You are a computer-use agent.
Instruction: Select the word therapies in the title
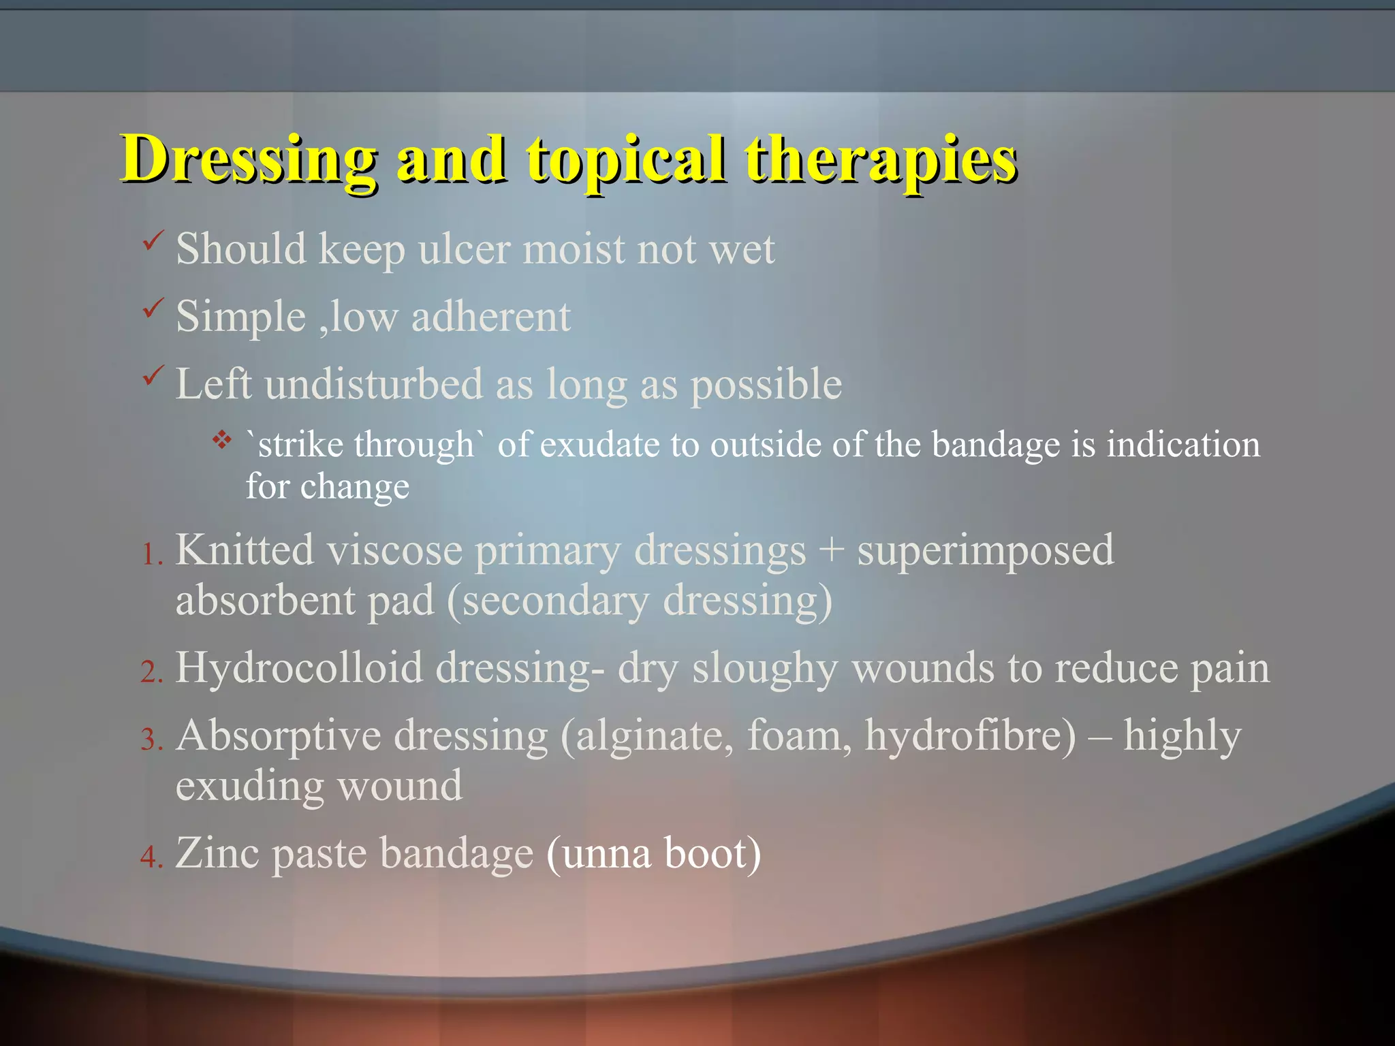[x=881, y=160]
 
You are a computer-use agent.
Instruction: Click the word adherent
[x=490, y=317]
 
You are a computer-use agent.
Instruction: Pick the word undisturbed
[x=374, y=384]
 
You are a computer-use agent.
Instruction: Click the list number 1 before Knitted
[x=151, y=555]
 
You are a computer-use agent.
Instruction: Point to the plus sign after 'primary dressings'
[x=831, y=550]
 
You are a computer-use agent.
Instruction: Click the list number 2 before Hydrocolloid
[x=151, y=673]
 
